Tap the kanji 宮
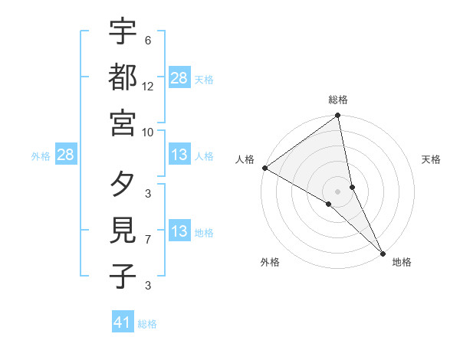(123, 123)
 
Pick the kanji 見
(123, 231)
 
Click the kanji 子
(123, 275)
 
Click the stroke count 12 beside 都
(148, 87)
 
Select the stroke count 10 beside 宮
(148, 132)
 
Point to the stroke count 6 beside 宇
(147, 41)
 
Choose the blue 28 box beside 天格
(179, 78)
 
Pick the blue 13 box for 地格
(179, 232)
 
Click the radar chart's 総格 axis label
(338, 100)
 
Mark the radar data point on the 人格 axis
(264, 168)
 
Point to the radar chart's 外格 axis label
(270, 262)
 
